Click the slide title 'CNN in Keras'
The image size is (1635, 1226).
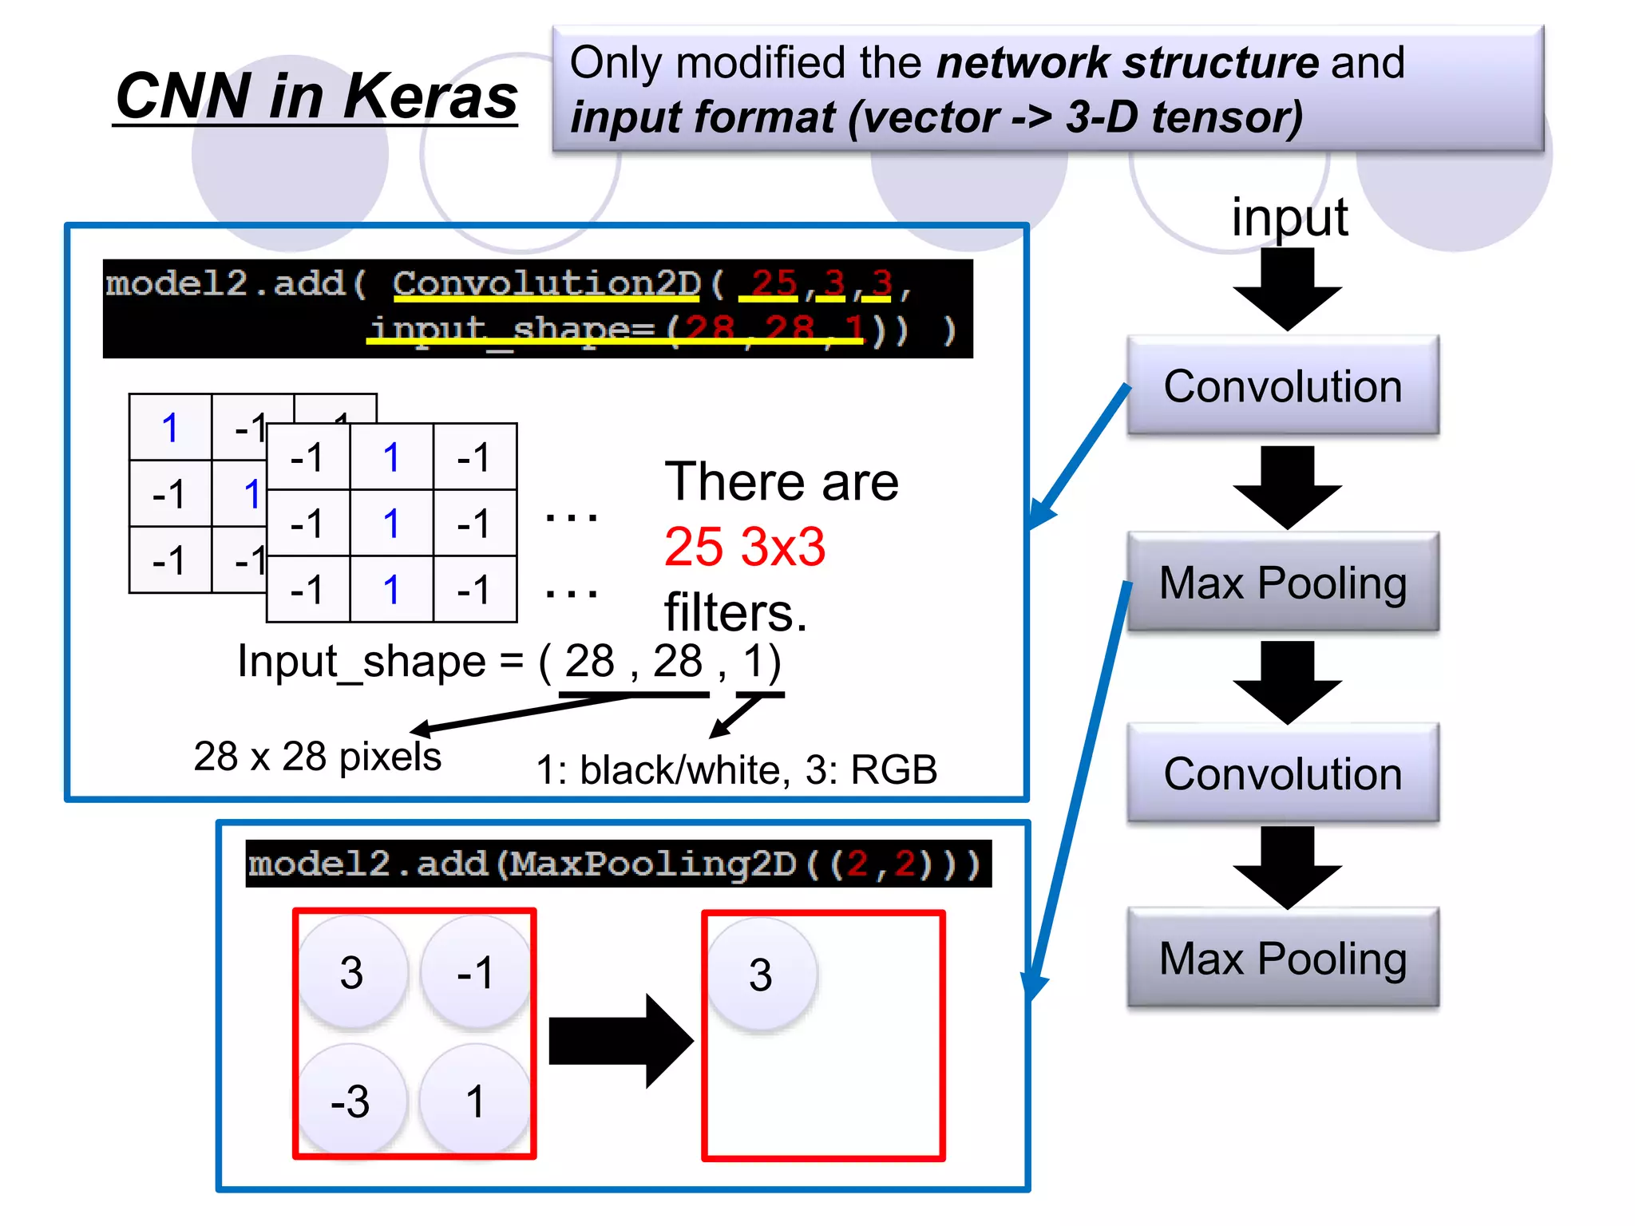coord(316,96)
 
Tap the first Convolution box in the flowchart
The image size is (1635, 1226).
coord(1282,386)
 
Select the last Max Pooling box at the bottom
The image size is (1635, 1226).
coord(1282,958)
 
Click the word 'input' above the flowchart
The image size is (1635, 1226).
coord(1289,217)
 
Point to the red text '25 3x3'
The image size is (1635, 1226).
coord(744,548)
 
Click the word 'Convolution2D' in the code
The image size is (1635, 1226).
coord(546,284)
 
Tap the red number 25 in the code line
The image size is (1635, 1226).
coord(773,283)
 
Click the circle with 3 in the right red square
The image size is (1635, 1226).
coord(761,975)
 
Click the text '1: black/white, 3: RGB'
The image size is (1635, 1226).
coord(736,770)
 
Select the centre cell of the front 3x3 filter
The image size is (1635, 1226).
coord(391,524)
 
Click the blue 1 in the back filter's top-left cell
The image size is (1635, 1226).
coord(170,428)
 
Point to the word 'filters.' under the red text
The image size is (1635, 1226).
coord(735,613)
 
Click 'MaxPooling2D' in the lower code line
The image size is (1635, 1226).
coord(653,864)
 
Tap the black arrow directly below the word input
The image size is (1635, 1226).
coord(1286,289)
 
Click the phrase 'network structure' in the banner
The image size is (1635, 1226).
coord(1127,63)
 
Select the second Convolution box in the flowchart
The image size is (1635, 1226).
coord(1282,773)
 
